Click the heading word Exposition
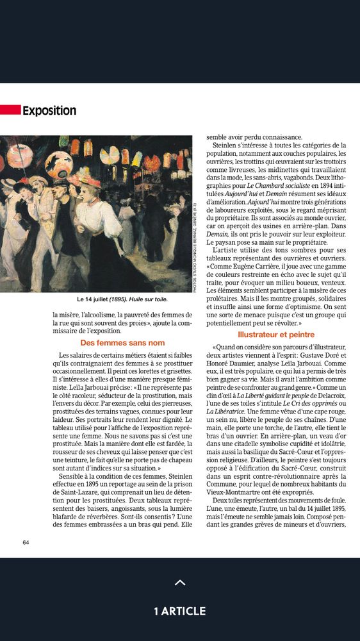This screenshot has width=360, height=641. [49, 111]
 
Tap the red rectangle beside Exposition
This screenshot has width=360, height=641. [10, 110]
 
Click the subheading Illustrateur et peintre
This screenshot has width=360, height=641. [276, 335]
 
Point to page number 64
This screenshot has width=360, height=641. [26, 542]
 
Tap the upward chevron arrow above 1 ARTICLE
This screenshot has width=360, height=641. [180, 583]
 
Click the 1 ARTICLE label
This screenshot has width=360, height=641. [180, 611]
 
